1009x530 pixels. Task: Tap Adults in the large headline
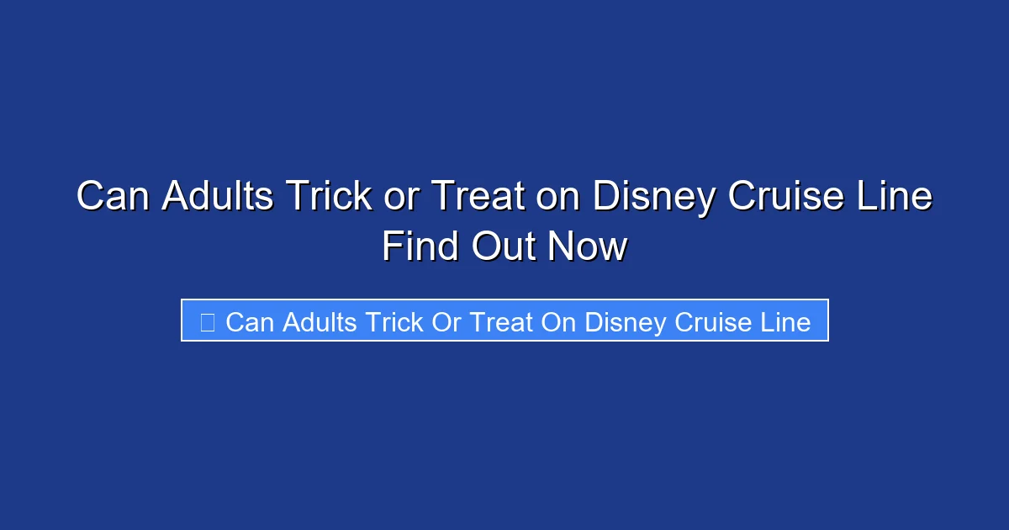pyautogui.click(x=218, y=197)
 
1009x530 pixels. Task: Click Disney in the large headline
pyautogui.click(x=653, y=197)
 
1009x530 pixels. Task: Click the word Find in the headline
pyautogui.click(x=420, y=247)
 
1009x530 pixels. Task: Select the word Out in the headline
pyautogui.click(x=503, y=247)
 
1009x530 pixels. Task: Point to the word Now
pyautogui.click(x=588, y=247)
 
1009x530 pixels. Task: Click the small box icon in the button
pyautogui.click(x=207, y=321)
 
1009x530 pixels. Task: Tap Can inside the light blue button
pyautogui.click(x=251, y=321)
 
